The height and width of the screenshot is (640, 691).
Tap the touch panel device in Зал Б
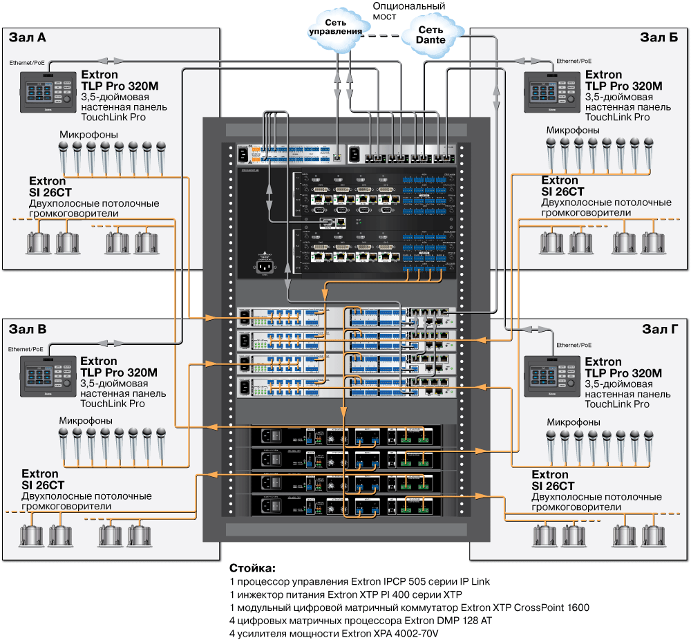click(551, 92)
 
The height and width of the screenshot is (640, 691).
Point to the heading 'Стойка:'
click(252, 568)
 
